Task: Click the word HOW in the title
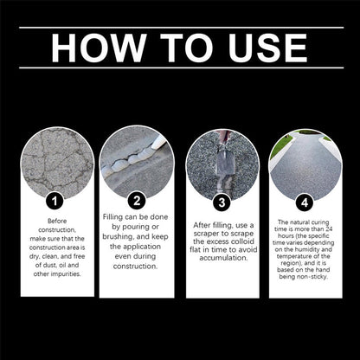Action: coord(99,48)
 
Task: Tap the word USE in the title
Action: coord(267,48)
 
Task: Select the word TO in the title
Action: coord(187,48)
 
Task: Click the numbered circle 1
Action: coord(55,201)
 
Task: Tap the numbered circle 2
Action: coord(137,201)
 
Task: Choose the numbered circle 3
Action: coord(222,202)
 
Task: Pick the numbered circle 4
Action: coord(305,202)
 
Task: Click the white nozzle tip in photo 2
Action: coord(158,143)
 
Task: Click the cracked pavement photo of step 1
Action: coord(57,163)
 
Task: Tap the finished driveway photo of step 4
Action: coord(305,165)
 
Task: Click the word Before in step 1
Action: coord(57,221)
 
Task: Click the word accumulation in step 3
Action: coord(223,258)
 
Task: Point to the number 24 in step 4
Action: coord(329,229)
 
